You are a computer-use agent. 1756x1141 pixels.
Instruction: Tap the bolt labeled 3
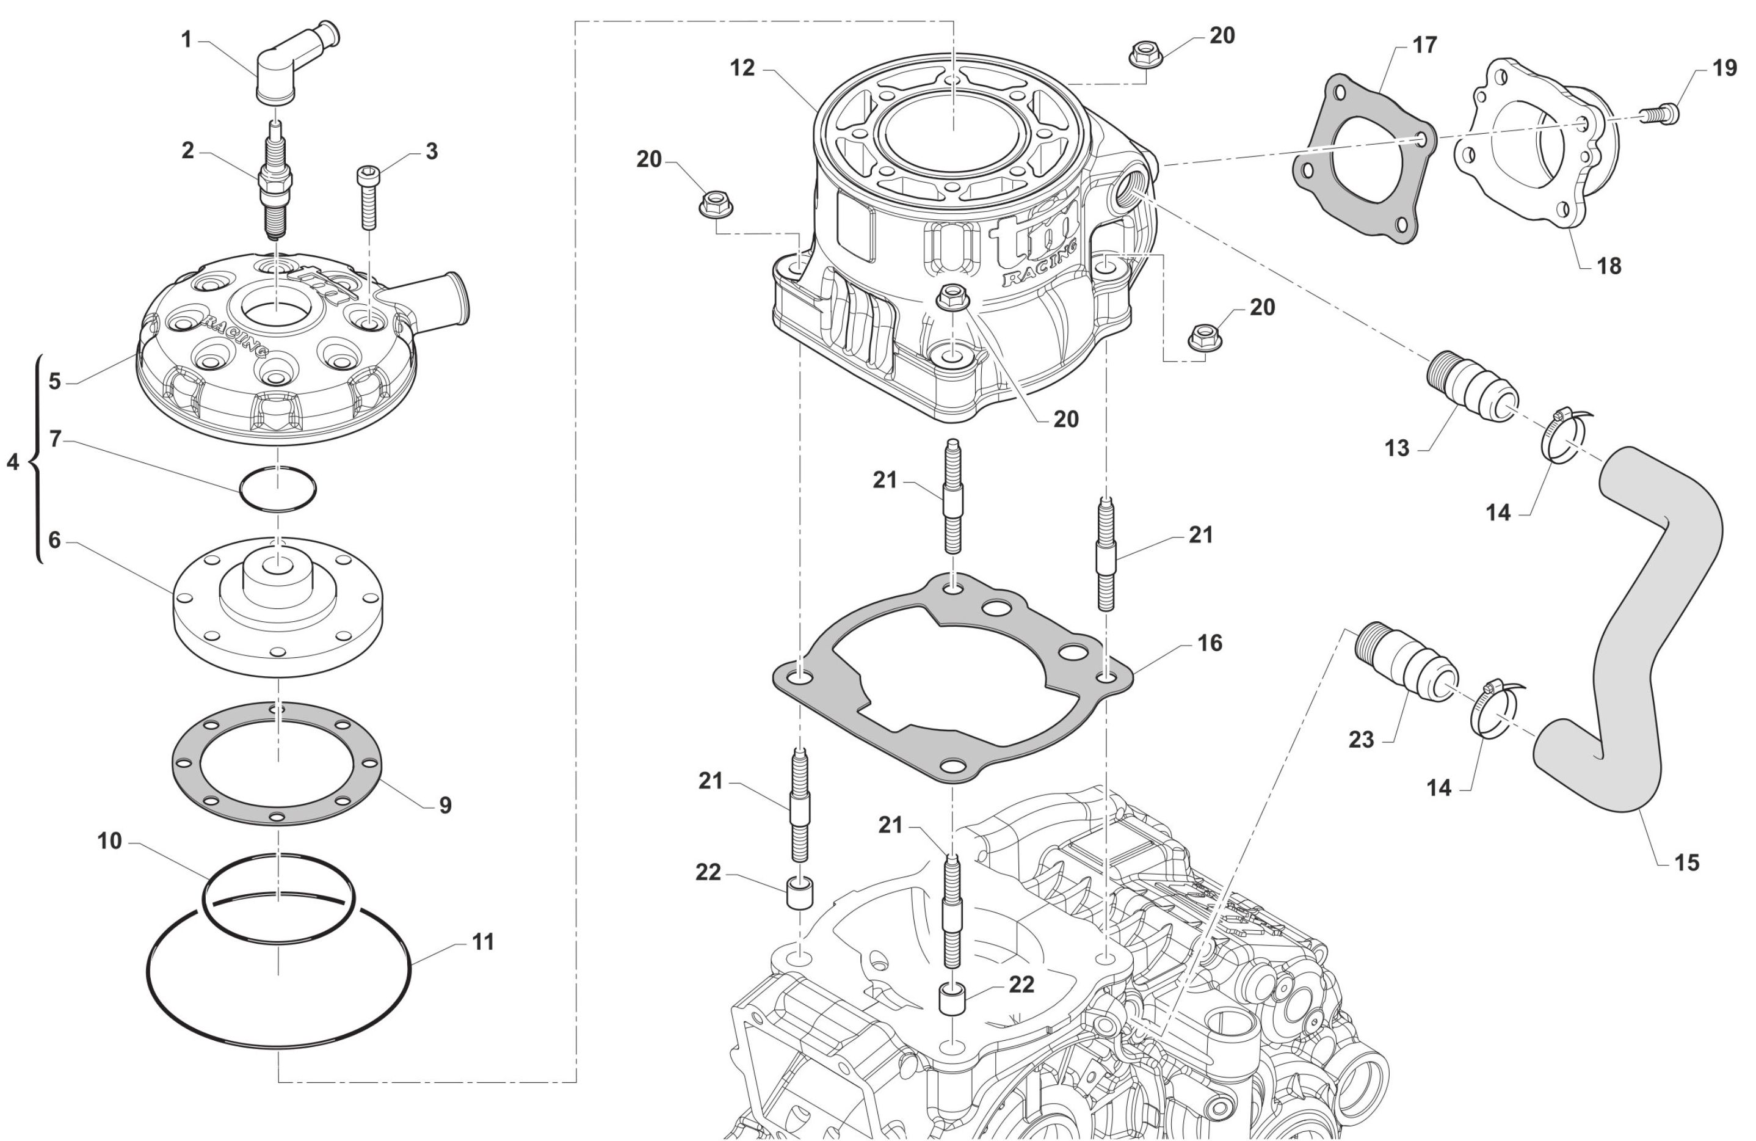(x=368, y=195)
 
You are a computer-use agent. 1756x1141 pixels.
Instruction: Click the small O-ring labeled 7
(x=277, y=488)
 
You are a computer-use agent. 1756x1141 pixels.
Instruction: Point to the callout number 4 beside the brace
(x=13, y=462)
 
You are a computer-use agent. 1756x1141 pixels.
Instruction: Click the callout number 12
(x=742, y=68)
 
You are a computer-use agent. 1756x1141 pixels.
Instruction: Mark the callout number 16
(x=1210, y=643)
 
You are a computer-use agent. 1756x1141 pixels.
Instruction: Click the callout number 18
(x=1609, y=266)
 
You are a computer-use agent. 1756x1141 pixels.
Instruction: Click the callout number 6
(x=54, y=540)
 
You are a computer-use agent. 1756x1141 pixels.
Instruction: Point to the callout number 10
(x=109, y=840)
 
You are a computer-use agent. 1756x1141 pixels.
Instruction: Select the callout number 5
(x=54, y=381)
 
